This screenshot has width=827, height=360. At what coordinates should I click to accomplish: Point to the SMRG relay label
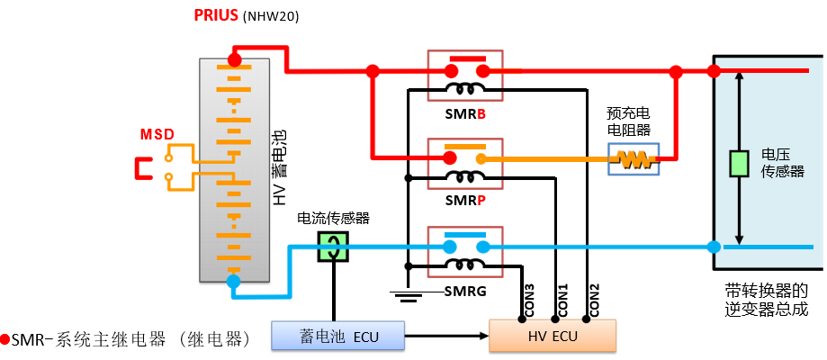point(466,292)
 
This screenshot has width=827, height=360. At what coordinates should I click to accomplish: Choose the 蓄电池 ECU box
point(338,336)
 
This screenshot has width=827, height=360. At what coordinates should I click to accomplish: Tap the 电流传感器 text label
point(333,218)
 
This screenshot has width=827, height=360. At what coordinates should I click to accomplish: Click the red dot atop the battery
point(234,60)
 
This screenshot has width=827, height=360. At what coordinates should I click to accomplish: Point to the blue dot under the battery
point(234,282)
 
